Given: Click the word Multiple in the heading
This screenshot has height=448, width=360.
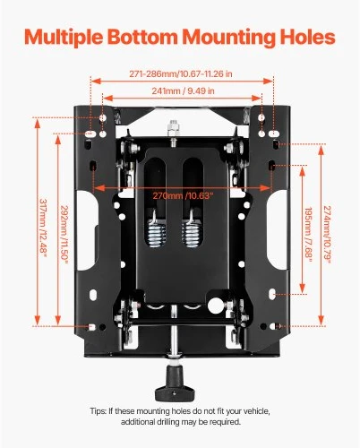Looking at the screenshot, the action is (64, 38).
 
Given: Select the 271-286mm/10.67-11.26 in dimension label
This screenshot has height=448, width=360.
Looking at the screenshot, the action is (181, 73).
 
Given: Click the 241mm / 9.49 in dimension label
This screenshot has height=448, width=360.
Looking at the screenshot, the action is (183, 90).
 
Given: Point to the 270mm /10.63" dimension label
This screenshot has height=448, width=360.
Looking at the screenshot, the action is (183, 196).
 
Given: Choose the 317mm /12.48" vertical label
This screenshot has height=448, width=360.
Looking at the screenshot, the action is (44, 228).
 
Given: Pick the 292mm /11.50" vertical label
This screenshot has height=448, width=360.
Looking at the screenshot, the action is (64, 235).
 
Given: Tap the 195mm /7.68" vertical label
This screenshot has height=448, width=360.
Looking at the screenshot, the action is (308, 235).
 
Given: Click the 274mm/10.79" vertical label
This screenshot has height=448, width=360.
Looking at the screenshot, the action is (328, 235).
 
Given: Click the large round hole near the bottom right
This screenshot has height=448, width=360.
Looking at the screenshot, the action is (216, 306).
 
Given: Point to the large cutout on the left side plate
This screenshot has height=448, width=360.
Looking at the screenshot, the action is (87, 230).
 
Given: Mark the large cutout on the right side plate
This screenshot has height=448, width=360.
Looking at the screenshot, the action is (278, 230).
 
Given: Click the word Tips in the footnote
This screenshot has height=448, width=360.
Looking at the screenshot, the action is (98, 411).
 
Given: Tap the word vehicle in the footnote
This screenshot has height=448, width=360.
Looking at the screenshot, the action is (256, 411).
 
